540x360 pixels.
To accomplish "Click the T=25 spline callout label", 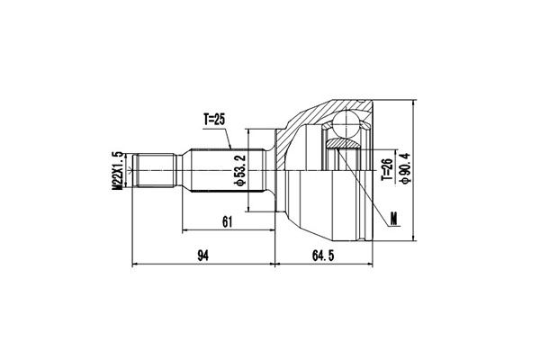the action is click(214, 120).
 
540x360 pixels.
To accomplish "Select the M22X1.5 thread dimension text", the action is click(117, 170).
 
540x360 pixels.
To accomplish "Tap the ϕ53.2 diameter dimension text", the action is click(239, 170).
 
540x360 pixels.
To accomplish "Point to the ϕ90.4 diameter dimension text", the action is click(405, 168).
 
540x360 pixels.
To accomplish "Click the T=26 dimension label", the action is click(387, 169).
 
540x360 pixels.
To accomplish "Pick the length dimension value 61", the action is click(228, 222).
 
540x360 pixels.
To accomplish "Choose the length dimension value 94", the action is click(202, 256).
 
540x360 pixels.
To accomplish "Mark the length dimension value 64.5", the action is click(323, 256).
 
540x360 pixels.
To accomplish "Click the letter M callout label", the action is click(393, 218).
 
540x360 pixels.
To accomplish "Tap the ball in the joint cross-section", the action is click(346, 123).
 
